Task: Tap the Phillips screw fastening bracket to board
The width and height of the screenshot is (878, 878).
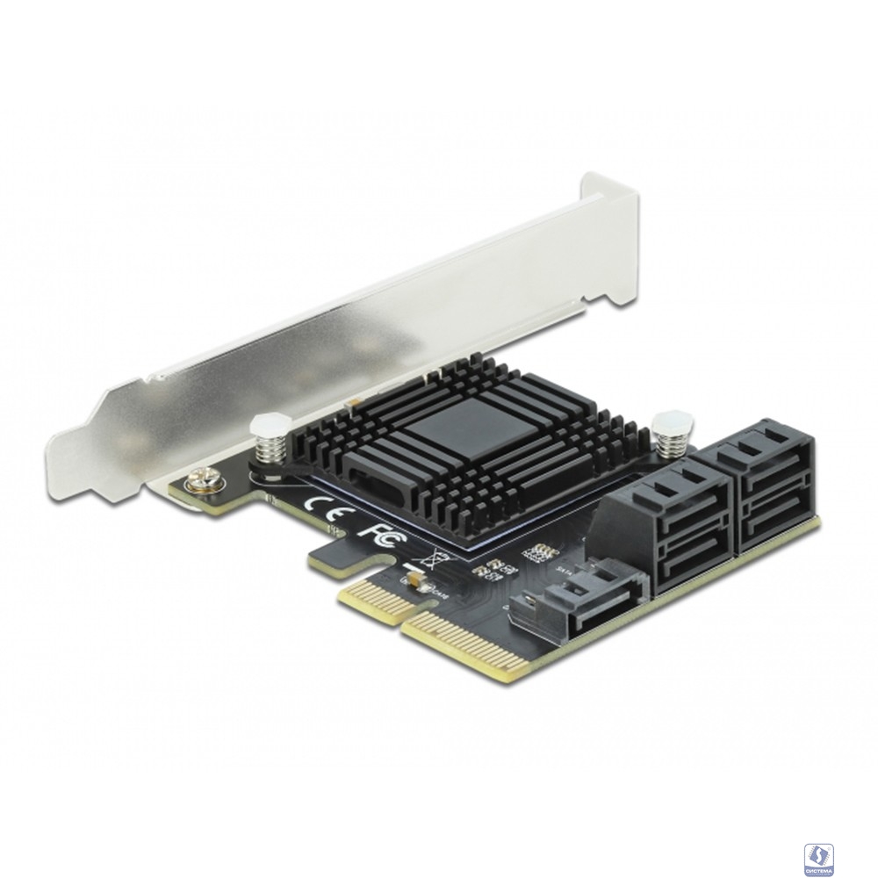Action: tap(196, 479)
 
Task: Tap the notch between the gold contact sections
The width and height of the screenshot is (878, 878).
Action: tap(399, 619)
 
